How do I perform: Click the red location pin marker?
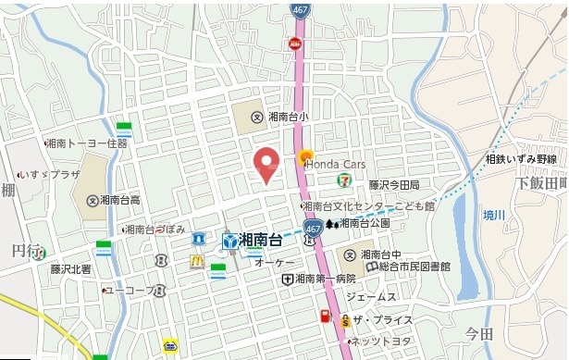coord(266,165)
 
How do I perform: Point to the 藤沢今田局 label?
coord(394,185)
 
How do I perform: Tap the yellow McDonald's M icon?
coord(197,261)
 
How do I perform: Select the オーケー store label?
coord(268,263)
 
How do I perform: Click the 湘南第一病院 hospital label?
coord(326,278)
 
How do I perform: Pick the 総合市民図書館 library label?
coord(413,267)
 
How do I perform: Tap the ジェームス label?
coord(371,297)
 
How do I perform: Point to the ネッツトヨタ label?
coord(376,341)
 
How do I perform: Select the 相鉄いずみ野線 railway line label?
coord(521,159)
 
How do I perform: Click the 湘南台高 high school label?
coord(120,200)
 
